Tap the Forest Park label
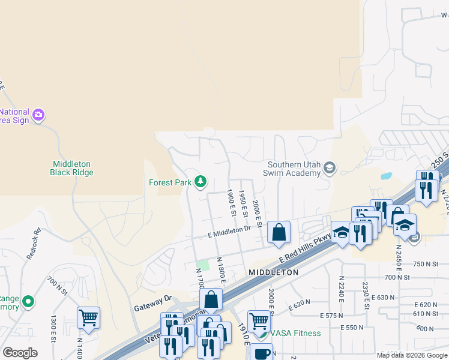click(170, 182)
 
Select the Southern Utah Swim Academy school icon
click(329, 167)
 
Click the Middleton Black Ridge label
click(72, 168)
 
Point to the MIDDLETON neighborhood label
click(274, 272)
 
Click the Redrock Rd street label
click(34, 243)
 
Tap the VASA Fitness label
click(295, 333)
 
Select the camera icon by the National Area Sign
click(39, 114)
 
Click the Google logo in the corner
click(20, 353)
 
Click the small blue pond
click(386, 176)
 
